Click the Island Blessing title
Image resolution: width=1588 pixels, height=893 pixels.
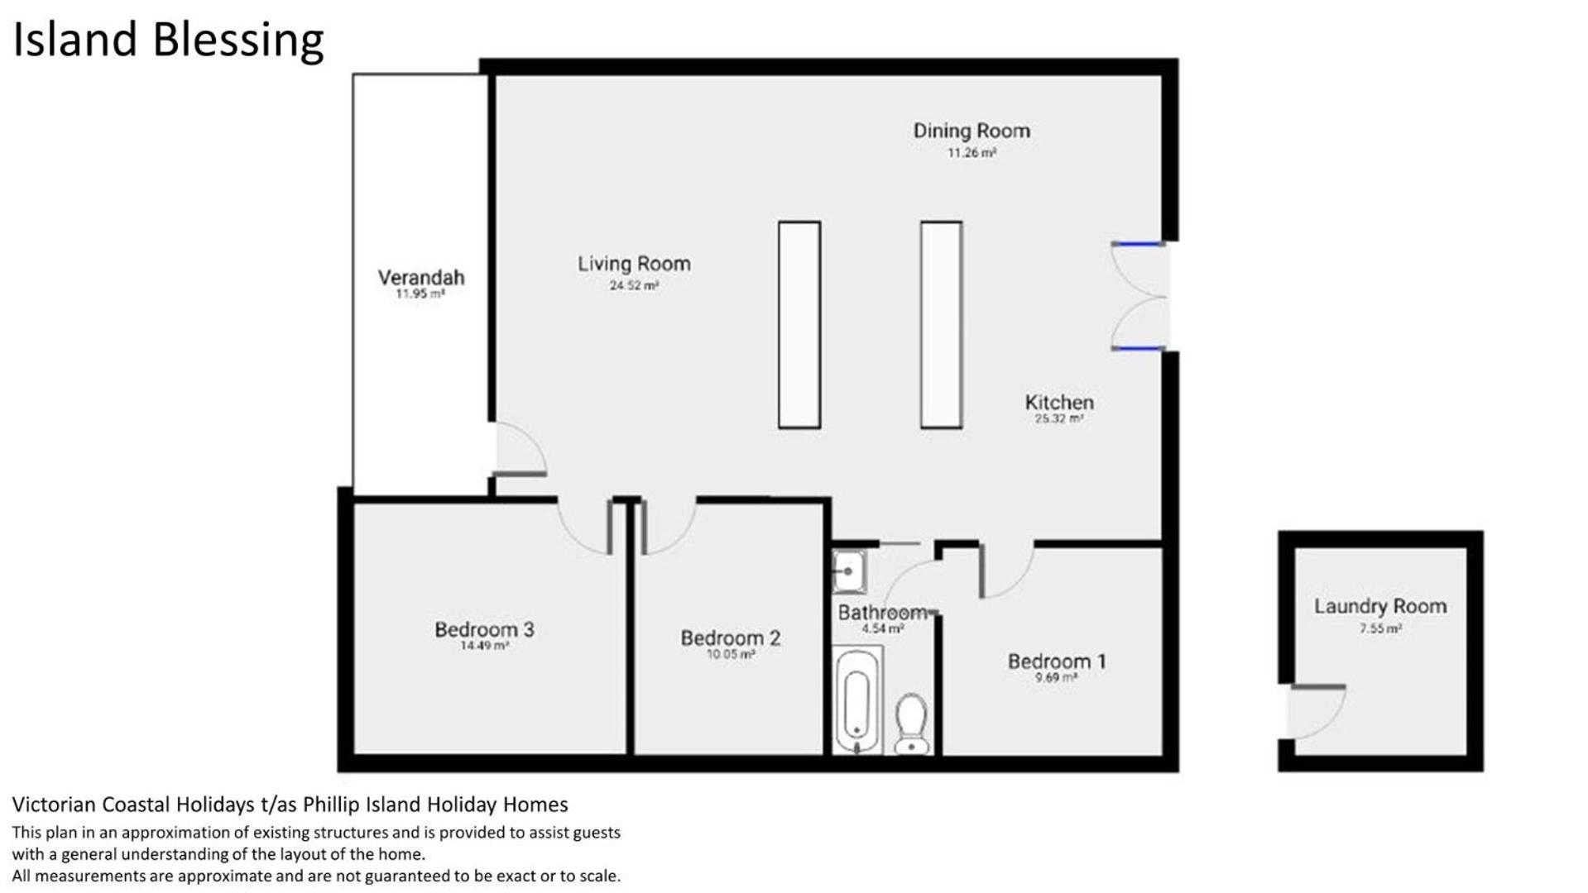tap(168, 41)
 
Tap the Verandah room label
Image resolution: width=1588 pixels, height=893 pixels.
tap(421, 278)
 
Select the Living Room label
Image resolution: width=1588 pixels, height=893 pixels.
tap(634, 264)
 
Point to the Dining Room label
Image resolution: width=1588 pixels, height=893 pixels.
tap(972, 131)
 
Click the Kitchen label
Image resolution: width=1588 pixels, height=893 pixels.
tap(1059, 403)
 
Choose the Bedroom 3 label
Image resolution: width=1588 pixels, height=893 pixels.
tap(484, 630)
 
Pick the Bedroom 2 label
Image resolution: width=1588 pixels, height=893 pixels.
tap(731, 638)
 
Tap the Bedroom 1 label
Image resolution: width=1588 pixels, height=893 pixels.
tap(1057, 661)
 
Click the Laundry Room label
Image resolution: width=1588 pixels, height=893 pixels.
tap(1380, 606)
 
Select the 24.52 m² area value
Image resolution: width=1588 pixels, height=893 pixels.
tap(634, 286)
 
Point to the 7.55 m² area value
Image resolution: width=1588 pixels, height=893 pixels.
tap(1380, 628)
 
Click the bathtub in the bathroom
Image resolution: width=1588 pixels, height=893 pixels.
tap(857, 700)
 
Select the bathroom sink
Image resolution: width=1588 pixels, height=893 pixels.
tap(848, 571)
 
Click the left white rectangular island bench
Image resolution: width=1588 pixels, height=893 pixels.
tap(799, 325)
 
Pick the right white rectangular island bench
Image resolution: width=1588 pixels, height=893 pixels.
tap(941, 325)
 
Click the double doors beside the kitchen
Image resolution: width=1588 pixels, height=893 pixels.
tap(1140, 296)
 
